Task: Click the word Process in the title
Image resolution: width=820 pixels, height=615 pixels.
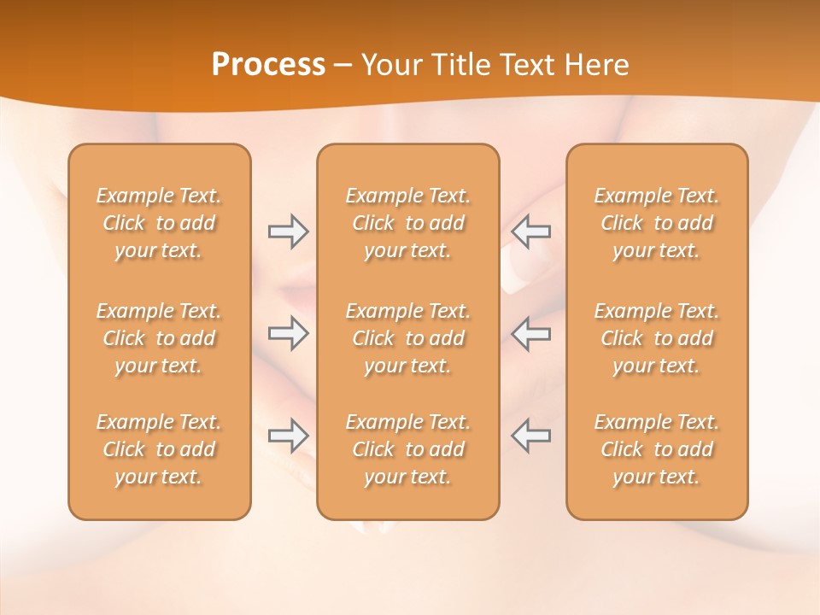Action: (268, 65)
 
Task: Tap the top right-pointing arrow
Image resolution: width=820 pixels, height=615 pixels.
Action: (288, 231)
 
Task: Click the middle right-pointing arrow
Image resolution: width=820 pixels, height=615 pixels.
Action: (288, 333)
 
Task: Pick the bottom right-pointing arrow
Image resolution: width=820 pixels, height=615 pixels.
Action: (288, 436)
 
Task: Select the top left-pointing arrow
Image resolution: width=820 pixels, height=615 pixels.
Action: (530, 231)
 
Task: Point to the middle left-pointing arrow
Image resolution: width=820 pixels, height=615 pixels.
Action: (530, 333)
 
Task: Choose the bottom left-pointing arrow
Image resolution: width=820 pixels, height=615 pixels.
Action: (530, 436)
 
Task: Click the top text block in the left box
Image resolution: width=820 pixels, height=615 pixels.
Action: (159, 223)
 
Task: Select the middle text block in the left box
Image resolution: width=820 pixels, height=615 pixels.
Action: (159, 338)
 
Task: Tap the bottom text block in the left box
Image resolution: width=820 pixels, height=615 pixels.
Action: (159, 449)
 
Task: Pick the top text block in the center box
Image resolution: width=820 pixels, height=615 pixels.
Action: (407, 223)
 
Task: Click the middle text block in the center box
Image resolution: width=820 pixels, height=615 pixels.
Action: (407, 338)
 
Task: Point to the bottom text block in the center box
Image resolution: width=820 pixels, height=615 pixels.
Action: (407, 449)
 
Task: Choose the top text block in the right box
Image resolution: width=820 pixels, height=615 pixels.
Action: (657, 223)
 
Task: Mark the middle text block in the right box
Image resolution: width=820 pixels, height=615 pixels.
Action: (657, 338)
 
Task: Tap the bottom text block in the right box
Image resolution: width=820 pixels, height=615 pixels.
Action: (657, 449)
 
